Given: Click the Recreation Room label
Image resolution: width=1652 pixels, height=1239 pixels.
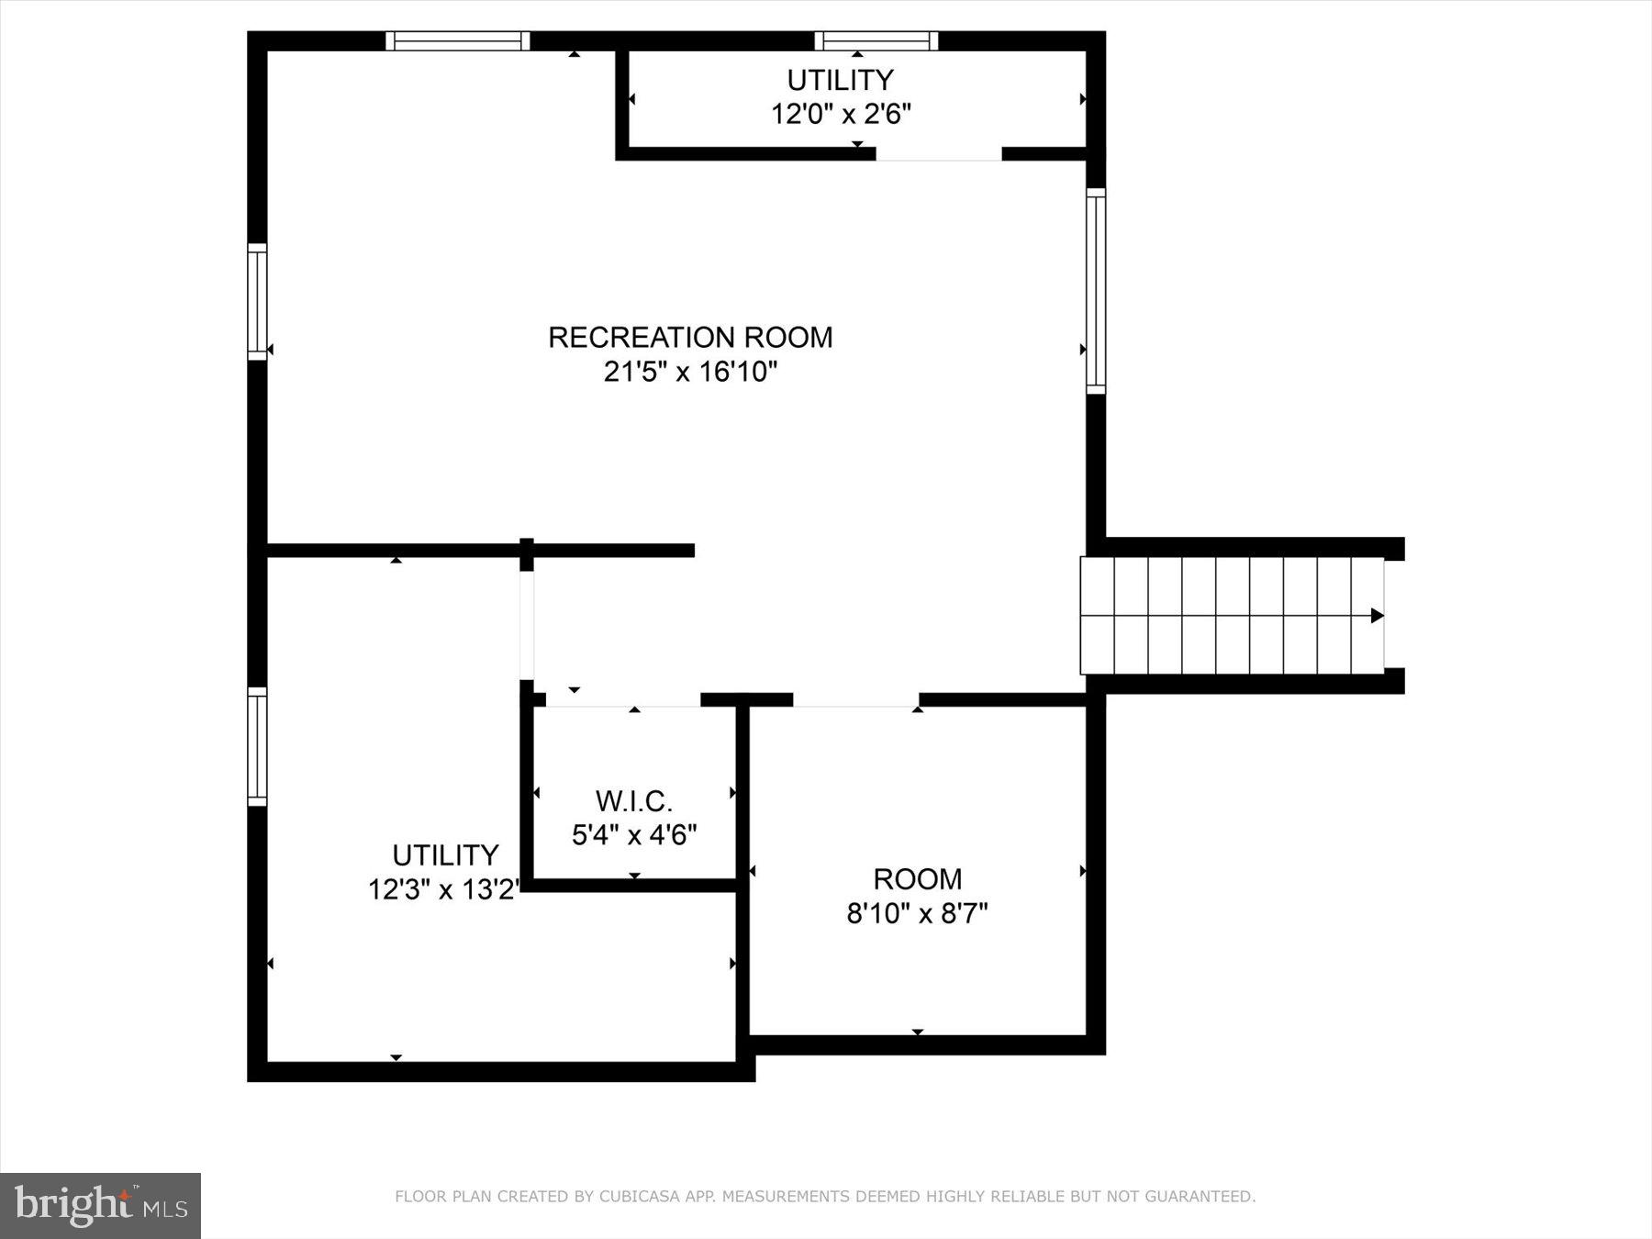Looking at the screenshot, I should pyautogui.click(x=690, y=337).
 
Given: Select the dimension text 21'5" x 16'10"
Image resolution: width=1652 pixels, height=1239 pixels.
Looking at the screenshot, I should pyautogui.click(x=690, y=372).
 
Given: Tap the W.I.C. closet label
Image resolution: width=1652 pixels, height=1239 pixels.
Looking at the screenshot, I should pyautogui.click(x=634, y=801).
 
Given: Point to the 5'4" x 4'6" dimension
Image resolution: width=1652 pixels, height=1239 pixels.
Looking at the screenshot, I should pyautogui.click(x=634, y=835).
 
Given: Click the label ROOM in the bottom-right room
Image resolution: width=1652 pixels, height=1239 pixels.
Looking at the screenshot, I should pyautogui.click(x=917, y=879).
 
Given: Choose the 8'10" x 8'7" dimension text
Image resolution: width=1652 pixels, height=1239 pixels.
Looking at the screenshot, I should pyautogui.click(x=917, y=914).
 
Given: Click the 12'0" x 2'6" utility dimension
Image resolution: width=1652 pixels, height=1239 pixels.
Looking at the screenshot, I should pyautogui.click(x=841, y=115).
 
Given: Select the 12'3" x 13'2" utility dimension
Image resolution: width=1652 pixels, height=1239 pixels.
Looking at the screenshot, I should pyautogui.click(x=444, y=889).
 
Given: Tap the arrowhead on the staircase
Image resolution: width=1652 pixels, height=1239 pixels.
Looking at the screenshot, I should pyautogui.click(x=1377, y=615).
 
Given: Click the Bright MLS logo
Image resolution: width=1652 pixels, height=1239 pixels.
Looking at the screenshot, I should pyautogui.click(x=100, y=1205).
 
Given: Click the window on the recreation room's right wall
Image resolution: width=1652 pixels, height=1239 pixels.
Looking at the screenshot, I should pyautogui.click(x=1096, y=291).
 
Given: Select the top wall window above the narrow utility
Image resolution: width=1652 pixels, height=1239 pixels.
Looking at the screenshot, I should pyautogui.click(x=876, y=40).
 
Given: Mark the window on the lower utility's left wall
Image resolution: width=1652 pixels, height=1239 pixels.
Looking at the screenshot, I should pyautogui.click(x=257, y=746).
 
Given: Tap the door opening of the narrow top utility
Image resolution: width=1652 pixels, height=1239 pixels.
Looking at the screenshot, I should pyautogui.click(x=938, y=155).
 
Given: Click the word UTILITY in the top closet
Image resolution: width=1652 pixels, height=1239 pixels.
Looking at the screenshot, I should pyautogui.click(x=841, y=80).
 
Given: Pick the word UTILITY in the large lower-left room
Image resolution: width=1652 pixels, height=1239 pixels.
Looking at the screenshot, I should pyautogui.click(x=445, y=855).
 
